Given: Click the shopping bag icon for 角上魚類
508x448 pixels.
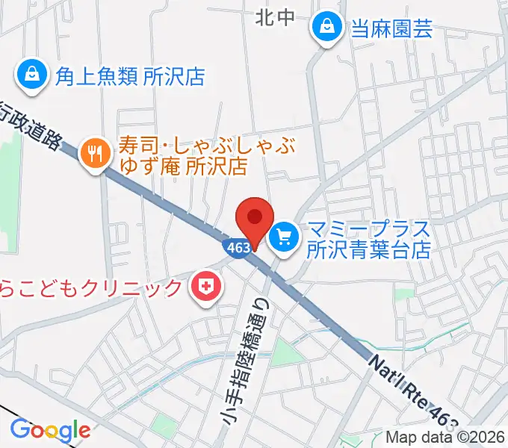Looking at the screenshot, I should [32, 75].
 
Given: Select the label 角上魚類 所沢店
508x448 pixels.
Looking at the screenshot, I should [129, 76].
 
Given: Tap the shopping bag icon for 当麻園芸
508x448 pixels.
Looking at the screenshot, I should [327, 28].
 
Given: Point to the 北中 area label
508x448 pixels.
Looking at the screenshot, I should [275, 16].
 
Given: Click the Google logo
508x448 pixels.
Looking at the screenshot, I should [50, 430].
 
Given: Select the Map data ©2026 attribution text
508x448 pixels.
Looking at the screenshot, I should [446, 438].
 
